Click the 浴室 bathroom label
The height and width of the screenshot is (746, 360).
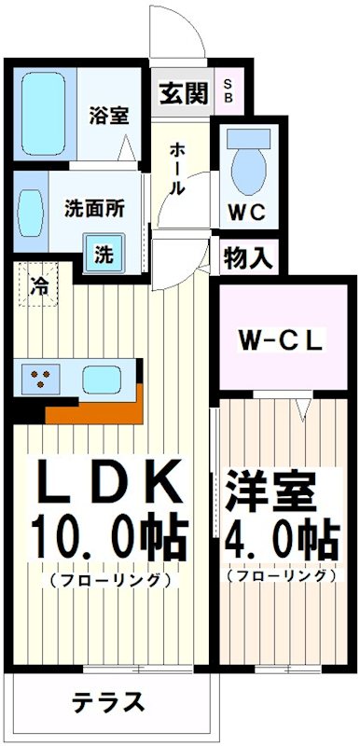tap(109, 117)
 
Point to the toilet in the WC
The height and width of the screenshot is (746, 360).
tap(247, 164)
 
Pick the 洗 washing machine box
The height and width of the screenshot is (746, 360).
tap(104, 252)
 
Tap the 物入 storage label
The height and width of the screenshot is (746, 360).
tap(247, 258)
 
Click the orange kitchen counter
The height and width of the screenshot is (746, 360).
tap(93, 408)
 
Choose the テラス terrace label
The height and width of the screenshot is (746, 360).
tap(109, 702)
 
